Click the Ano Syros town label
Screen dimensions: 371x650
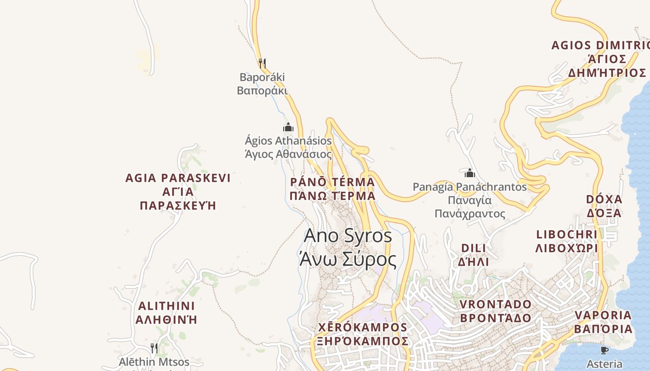click(348, 248)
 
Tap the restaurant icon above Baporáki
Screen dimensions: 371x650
click(262, 63)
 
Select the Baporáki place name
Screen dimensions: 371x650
click(262, 83)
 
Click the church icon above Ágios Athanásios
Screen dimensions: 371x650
click(288, 127)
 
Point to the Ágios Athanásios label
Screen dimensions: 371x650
click(288, 147)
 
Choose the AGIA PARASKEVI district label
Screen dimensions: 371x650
click(178, 191)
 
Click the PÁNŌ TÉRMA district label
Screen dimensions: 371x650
click(332, 188)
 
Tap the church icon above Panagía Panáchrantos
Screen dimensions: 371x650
click(470, 173)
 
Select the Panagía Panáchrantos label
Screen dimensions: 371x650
click(470, 200)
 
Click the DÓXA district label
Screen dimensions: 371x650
click(604, 206)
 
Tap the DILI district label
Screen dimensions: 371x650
click(473, 254)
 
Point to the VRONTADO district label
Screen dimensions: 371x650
click(495, 311)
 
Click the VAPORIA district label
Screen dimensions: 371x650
click(603, 322)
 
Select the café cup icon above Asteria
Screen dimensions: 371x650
click(604, 350)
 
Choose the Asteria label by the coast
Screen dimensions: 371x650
click(604, 364)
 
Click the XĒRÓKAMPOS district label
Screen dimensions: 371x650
click(363, 334)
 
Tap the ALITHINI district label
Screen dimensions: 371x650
click(166, 313)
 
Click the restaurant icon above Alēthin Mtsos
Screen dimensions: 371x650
click(154, 348)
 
